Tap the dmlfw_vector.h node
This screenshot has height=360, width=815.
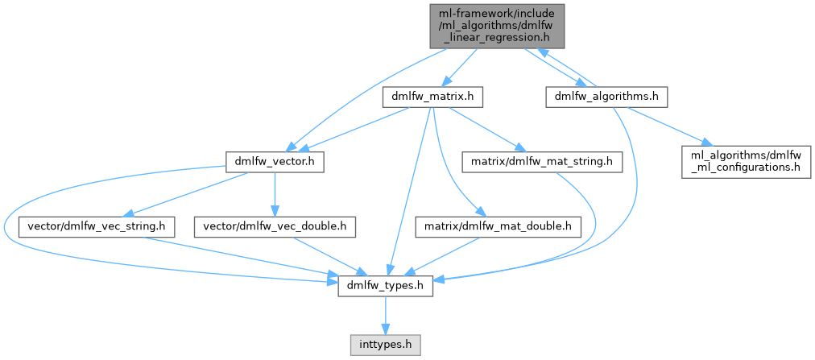pos(275,162)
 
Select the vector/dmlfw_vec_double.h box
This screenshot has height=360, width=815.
pos(275,227)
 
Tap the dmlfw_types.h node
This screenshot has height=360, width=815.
pos(386,286)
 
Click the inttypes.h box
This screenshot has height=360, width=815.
pos(386,344)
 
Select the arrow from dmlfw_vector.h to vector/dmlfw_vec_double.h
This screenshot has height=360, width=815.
pos(275,193)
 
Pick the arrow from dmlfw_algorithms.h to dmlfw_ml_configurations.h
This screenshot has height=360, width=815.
pos(668,127)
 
